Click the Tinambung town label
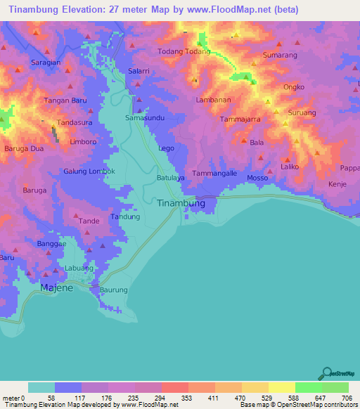tap(180, 203)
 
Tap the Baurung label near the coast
tap(114, 290)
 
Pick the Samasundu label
tap(145, 118)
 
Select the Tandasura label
tap(75, 122)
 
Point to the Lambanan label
tap(213, 100)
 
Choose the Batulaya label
tap(170, 178)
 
